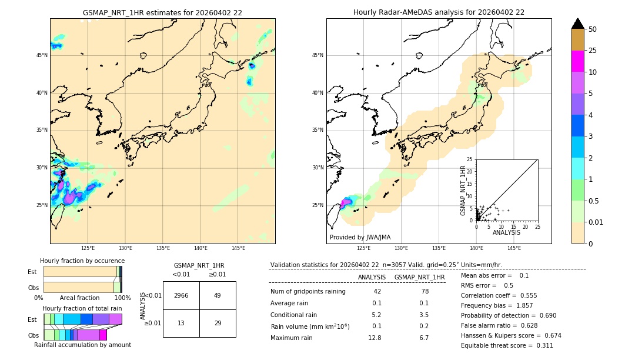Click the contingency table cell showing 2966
click(x=181, y=295)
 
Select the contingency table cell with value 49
click(x=218, y=295)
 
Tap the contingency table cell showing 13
click(x=181, y=323)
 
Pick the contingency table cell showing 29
click(x=218, y=323)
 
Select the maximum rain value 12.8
click(x=375, y=338)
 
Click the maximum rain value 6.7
click(x=423, y=338)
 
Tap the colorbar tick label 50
click(x=593, y=29)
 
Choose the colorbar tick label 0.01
click(x=596, y=222)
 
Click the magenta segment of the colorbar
click(x=578, y=61)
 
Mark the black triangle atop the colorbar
click(x=578, y=24)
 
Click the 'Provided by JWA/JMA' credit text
click(x=360, y=238)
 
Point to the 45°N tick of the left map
click(x=42, y=55)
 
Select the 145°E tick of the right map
click(x=514, y=248)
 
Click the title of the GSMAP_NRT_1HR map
click(x=162, y=12)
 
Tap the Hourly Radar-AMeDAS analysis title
click(x=439, y=12)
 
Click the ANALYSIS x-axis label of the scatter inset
click(x=506, y=232)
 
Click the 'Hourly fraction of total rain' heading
click(x=82, y=308)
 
